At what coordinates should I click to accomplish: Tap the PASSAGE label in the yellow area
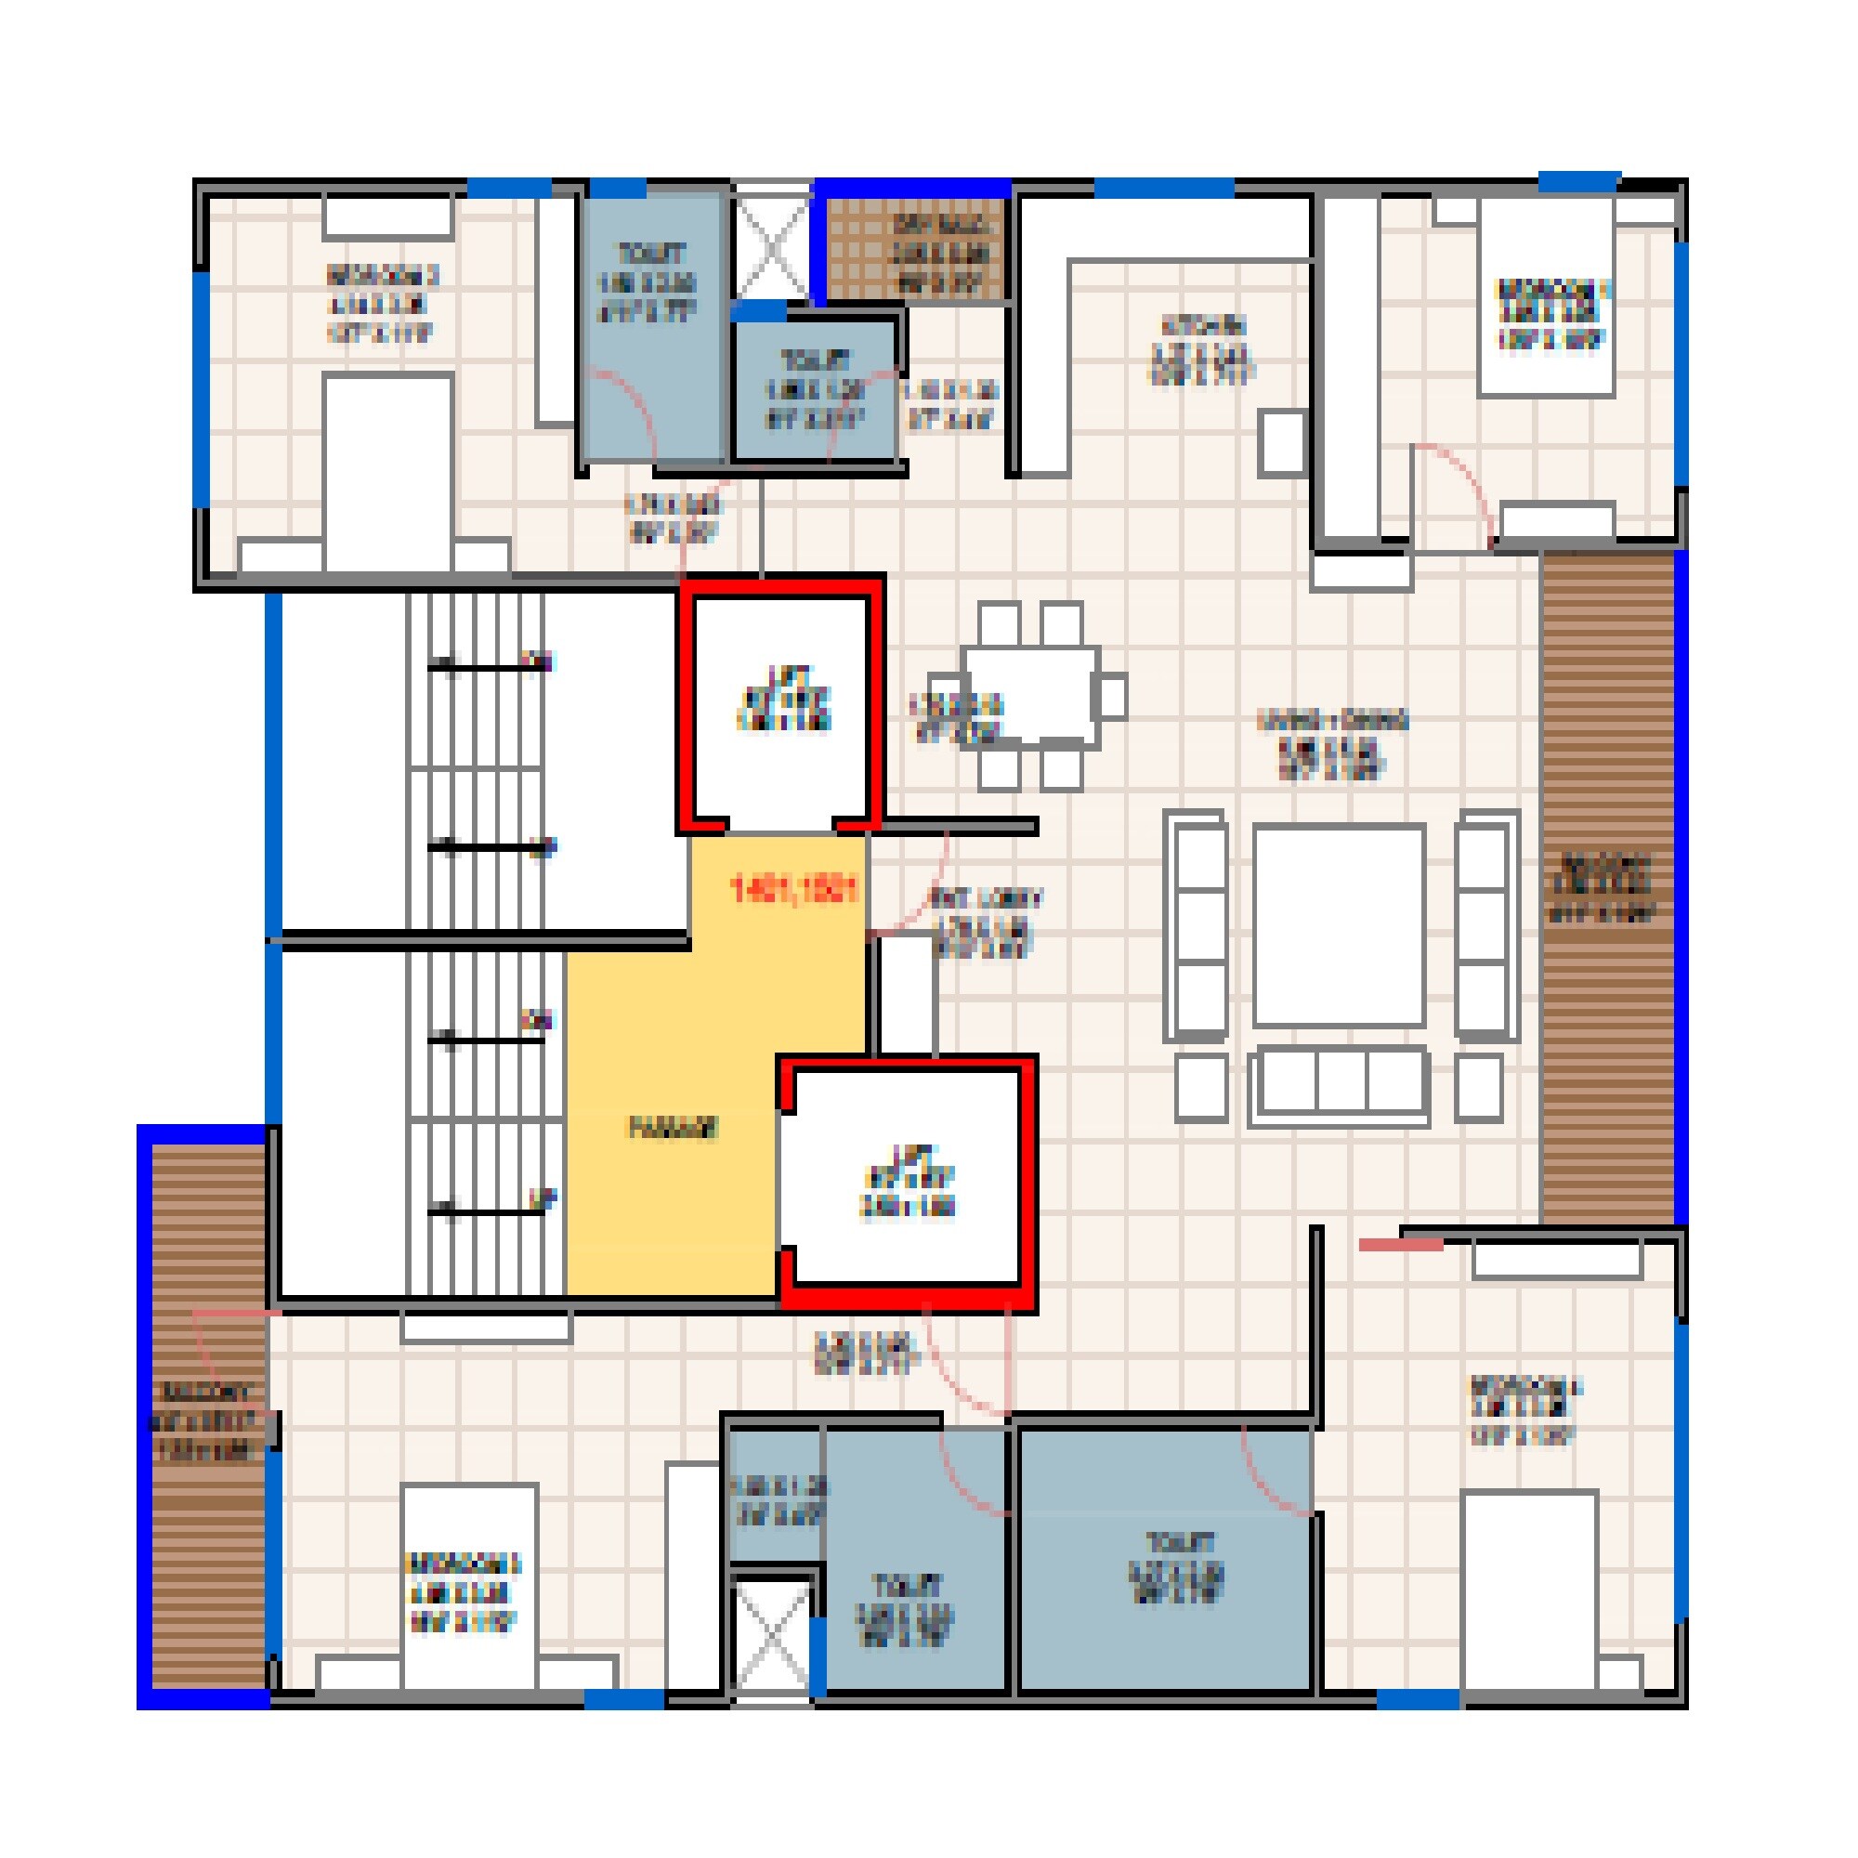[x=674, y=1128]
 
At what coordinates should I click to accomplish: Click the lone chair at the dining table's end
[x=1112, y=694]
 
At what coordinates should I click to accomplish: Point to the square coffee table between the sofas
[x=1339, y=924]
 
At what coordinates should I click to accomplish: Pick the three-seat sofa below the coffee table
[x=1339, y=1087]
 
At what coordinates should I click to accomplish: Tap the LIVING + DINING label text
[x=1332, y=721]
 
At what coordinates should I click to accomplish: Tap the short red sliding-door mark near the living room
[x=1400, y=1246]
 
